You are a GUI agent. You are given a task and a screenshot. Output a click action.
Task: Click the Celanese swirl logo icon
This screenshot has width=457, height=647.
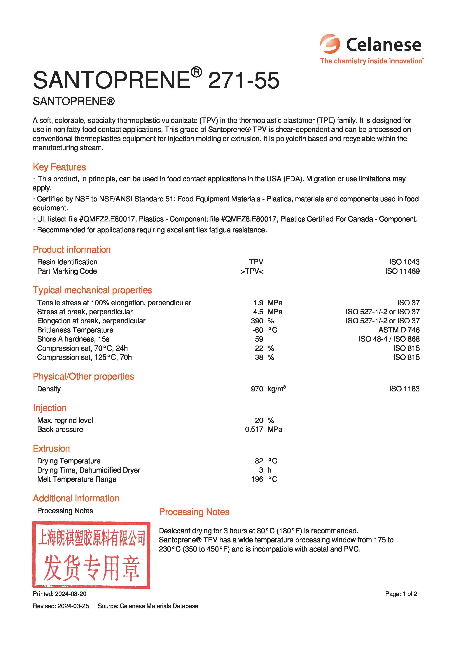(x=330, y=44)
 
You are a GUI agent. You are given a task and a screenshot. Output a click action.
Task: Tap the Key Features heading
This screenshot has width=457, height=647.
(x=59, y=167)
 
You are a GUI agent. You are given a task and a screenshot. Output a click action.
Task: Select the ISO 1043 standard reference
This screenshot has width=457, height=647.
(x=404, y=262)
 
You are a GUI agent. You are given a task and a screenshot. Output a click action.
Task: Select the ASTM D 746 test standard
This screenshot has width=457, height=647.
(x=399, y=330)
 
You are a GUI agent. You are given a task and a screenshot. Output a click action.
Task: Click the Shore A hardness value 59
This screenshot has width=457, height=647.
(x=259, y=339)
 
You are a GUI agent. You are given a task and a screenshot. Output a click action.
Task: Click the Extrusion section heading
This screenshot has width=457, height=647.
(x=51, y=448)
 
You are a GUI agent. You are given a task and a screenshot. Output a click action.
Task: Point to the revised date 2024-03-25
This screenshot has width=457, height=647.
(x=73, y=606)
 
